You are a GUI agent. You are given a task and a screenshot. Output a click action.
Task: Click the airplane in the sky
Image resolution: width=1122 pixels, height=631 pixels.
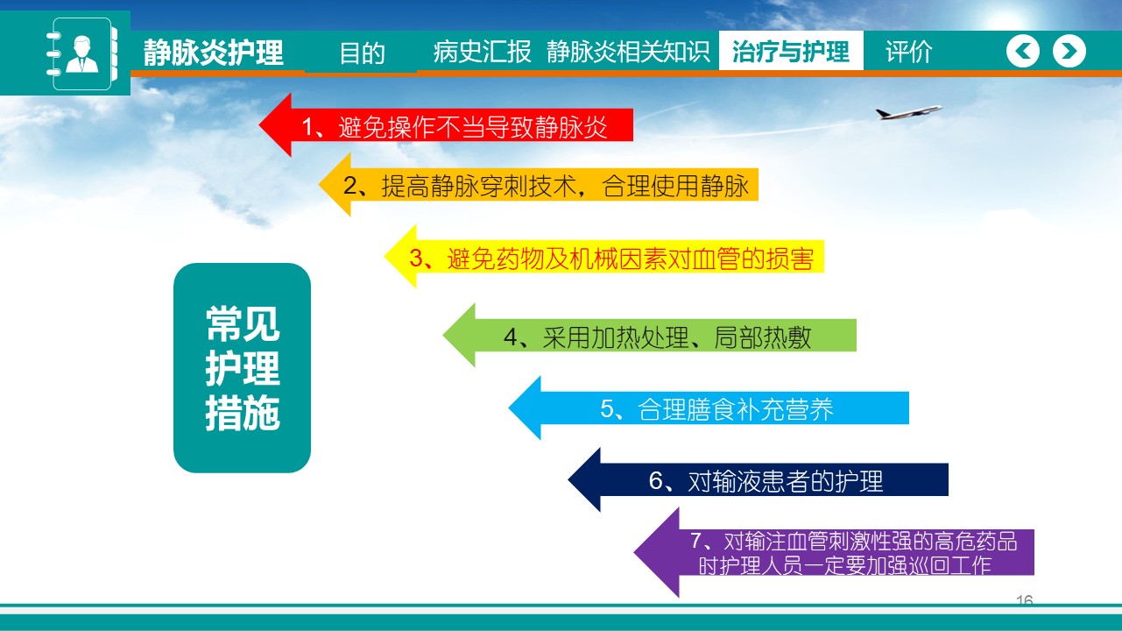pyautogui.click(x=908, y=112)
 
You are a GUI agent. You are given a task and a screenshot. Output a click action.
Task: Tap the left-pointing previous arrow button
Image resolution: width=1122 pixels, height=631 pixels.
pyautogui.click(x=1023, y=51)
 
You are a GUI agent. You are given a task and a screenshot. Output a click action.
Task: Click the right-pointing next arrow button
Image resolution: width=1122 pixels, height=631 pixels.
pyautogui.click(x=1069, y=51)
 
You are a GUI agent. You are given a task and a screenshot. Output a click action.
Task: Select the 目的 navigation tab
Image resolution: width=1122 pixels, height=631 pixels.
pyautogui.click(x=362, y=52)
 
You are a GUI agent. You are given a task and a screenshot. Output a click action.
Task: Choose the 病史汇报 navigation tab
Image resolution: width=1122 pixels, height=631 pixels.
pyautogui.click(x=482, y=52)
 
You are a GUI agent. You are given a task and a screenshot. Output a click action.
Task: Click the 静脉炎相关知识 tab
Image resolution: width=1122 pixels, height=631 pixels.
pyautogui.click(x=628, y=52)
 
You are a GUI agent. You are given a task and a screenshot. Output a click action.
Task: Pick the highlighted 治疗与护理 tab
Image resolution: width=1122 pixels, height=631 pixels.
pyautogui.click(x=791, y=51)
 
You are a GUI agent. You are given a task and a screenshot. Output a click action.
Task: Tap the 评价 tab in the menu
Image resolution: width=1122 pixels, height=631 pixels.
pyautogui.click(x=908, y=52)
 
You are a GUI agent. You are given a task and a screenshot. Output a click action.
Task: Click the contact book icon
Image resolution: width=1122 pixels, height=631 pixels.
pyautogui.click(x=82, y=53)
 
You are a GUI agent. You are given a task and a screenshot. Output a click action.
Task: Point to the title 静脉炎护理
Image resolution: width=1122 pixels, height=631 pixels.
pyautogui.click(x=214, y=52)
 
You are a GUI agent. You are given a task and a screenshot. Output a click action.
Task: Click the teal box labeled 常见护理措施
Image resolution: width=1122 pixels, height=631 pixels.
pyautogui.click(x=242, y=368)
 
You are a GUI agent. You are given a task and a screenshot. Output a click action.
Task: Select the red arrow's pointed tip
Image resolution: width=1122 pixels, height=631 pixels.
pyautogui.click(x=260, y=124)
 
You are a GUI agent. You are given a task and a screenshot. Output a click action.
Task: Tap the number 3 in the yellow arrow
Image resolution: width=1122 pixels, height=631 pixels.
pyautogui.click(x=417, y=259)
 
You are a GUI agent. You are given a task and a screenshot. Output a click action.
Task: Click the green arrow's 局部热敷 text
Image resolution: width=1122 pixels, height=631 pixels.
pyautogui.click(x=762, y=337)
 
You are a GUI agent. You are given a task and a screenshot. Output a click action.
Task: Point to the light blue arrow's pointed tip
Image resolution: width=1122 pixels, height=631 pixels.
pyautogui.click(x=510, y=408)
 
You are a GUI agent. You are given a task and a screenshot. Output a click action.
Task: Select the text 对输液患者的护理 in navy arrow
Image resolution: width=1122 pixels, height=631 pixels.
pyautogui.click(x=786, y=480)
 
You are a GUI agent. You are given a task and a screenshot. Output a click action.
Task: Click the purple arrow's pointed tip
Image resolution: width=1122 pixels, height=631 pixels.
pyautogui.click(x=635, y=553)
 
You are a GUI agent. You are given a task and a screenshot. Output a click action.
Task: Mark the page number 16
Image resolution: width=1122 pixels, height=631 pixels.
pyautogui.click(x=1024, y=599)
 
